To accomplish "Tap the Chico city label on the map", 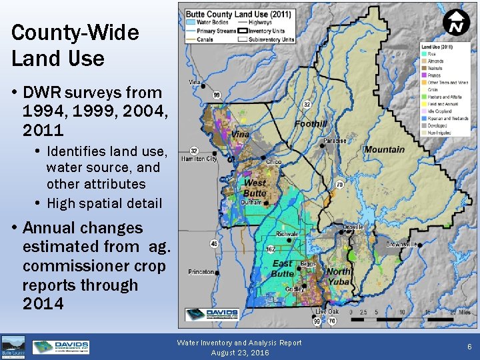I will pos(273,162).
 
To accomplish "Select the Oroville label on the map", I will pos(353,227).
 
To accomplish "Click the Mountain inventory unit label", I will pos(384,150).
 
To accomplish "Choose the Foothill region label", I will pos(311,124).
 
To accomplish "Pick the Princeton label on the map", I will pos(201,272).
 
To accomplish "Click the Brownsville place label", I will pos(399,245).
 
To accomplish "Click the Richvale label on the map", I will pos(287,234).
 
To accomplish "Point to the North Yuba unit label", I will pos(339,276).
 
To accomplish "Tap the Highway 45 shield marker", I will pos(214,244).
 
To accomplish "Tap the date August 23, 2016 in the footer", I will pos(240,352).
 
